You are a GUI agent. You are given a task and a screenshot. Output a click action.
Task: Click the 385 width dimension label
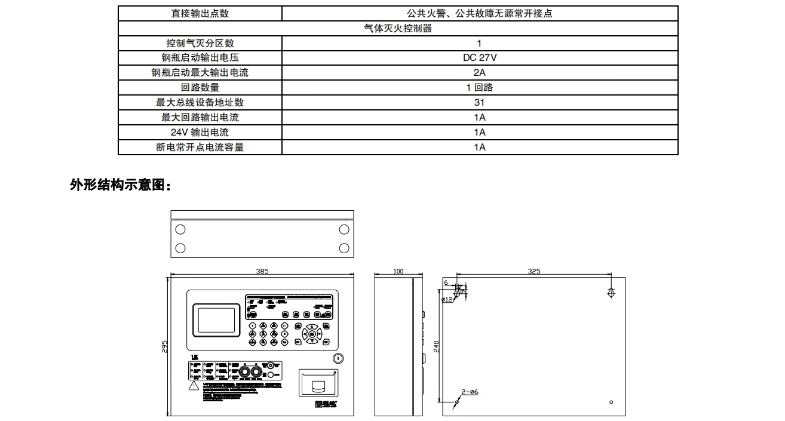click(262, 271)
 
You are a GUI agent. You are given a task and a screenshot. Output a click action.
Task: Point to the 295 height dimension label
click(165, 346)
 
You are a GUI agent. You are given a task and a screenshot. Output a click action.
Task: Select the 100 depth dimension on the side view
click(398, 271)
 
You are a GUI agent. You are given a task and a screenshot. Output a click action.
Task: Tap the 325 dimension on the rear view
click(534, 271)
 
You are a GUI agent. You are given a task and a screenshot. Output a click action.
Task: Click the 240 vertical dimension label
click(437, 346)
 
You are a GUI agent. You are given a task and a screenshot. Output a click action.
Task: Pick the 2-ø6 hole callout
click(470, 392)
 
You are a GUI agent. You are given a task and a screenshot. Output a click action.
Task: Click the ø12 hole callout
click(447, 300)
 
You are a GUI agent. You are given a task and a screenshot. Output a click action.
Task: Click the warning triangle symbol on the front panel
click(194, 386)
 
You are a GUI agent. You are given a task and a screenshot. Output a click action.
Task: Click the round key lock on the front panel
click(338, 358)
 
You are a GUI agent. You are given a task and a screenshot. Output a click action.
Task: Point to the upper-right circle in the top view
click(344, 229)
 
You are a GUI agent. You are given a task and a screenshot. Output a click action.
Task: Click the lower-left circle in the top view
click(180, 248)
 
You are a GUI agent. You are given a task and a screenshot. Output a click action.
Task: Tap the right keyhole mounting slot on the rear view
click(611, 293)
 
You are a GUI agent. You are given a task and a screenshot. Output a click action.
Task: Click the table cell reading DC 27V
click(479, 58)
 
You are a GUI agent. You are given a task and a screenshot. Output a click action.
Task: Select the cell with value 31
click(479, 103)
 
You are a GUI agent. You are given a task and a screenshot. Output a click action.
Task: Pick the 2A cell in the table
click(479, 73)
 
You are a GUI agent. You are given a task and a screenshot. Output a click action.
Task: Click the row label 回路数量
click(200, 88)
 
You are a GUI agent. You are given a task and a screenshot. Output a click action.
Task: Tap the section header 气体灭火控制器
click(398, 28)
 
